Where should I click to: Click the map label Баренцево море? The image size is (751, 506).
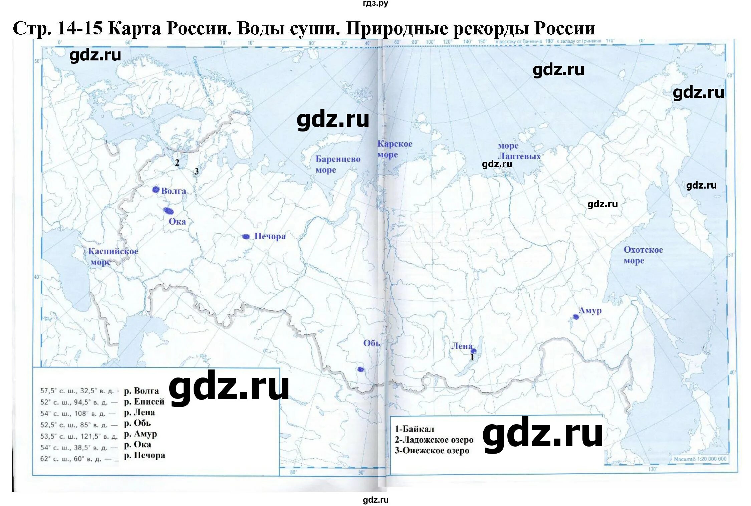coord(338,164)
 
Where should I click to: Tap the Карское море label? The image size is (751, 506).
coord(395,149)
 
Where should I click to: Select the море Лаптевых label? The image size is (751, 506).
coord(518,151)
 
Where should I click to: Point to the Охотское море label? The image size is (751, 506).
coord(643,255)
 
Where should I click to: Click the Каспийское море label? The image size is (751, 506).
coord(112,256)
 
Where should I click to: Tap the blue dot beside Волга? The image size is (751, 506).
coord(156,190)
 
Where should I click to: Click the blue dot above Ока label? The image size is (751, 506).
coord(169,211)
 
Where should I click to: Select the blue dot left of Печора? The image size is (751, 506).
coord(246,237)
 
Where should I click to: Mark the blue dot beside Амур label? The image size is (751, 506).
coord(576,317)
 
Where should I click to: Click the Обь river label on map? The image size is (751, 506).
coord(371,343)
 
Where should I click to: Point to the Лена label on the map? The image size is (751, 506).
coord(462,346)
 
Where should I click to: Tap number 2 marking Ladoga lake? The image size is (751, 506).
coord(177,163)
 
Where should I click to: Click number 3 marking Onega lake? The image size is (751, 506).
coord(196,171)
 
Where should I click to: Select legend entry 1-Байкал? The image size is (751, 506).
coord(414,429)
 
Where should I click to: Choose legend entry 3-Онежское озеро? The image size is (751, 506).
coord(432,451)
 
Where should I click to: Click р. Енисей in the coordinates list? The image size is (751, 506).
coord(144,402)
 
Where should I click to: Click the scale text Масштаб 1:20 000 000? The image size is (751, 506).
coord(700,459)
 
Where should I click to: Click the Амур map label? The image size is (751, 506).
coord(590,311)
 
